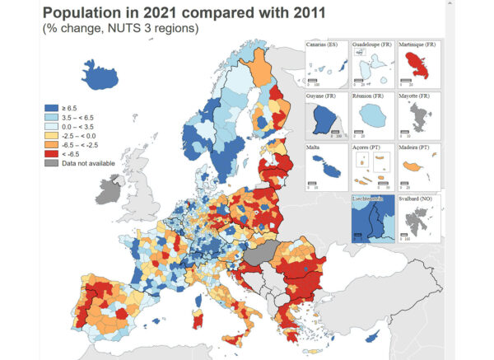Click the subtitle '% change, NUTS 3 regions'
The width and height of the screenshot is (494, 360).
click(x=120, y=29)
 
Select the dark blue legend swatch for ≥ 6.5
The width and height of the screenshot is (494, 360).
click(x=50, y=108)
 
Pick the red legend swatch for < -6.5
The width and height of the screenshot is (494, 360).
click(x=50, y=153)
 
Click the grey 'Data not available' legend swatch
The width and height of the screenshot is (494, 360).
click(x=50, y=162)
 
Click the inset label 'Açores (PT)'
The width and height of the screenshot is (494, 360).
click(x=366, y=148)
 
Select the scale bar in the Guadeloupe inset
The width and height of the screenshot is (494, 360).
click(x=359, y=79)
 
